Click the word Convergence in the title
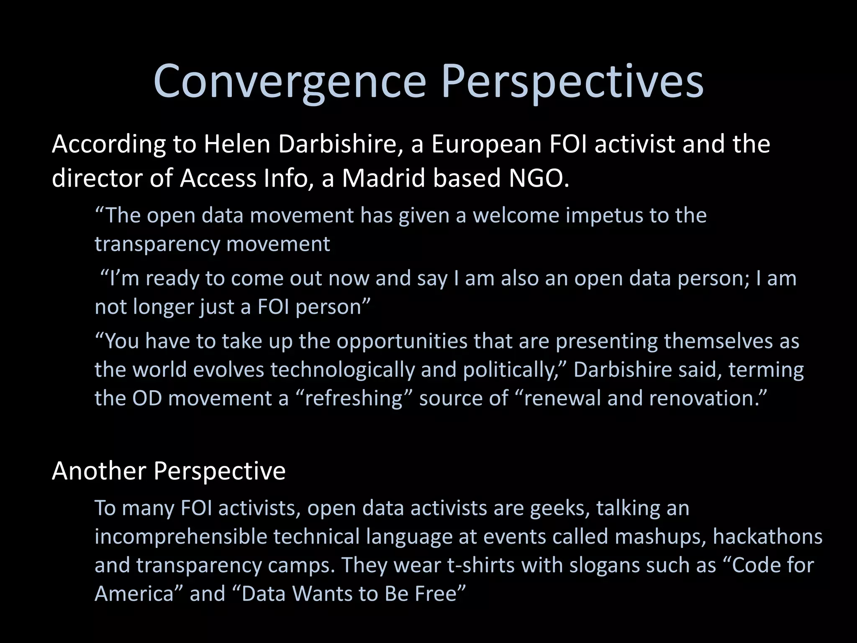[x=290, y=82]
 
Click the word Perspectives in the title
[x=572, y=82]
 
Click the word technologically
[x=342, y=370]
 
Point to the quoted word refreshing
[x=354, y=398]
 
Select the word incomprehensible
[x=181, y=537]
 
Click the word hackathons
[x=767, y=537]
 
